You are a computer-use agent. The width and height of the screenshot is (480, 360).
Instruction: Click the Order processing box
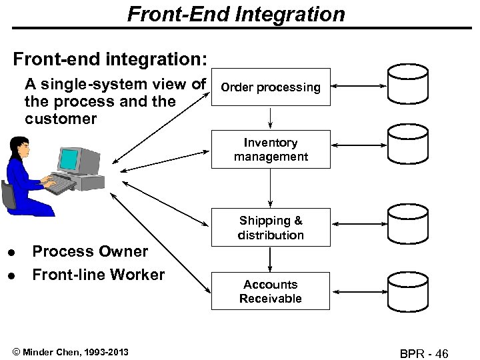[x=270, y=87]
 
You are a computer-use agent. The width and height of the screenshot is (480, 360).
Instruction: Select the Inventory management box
[x=270, y=149]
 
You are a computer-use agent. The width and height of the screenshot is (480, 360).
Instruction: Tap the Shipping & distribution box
[x=270, y=227]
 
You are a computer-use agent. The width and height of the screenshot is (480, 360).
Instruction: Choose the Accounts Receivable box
[x=270, y=291]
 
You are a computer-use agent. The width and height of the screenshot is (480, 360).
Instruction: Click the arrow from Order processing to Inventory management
[x=270, y=118]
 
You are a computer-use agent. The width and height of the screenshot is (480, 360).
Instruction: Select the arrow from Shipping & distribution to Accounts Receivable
[x=270, y=259]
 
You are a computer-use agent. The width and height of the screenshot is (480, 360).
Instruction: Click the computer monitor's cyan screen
[x=69, y=159]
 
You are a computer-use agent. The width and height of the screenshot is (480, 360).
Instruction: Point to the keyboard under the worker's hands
[x=60, y=184]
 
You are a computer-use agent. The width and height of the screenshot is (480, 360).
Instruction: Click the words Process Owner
[x=90, y=251]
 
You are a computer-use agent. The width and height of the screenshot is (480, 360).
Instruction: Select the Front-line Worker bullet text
[x=98, y=275]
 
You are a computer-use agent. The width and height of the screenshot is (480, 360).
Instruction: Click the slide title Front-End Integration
[x=236, y=14]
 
